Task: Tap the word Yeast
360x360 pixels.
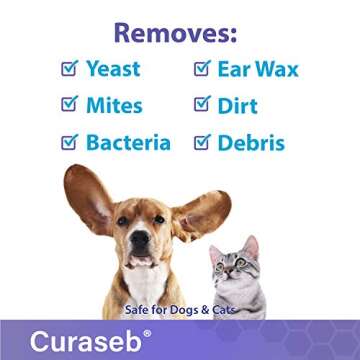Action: (112, 70)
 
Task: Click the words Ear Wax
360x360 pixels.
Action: (258, 70)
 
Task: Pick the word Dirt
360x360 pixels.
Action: (242, 105)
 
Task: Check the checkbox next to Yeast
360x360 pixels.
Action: (69, 69)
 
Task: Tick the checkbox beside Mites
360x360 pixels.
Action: (69, 104)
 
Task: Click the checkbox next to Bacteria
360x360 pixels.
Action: (69, 141)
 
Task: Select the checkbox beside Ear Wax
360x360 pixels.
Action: (201, 69)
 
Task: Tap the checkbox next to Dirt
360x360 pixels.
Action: (201, 104)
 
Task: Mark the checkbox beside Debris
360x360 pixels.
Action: (201, 141)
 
